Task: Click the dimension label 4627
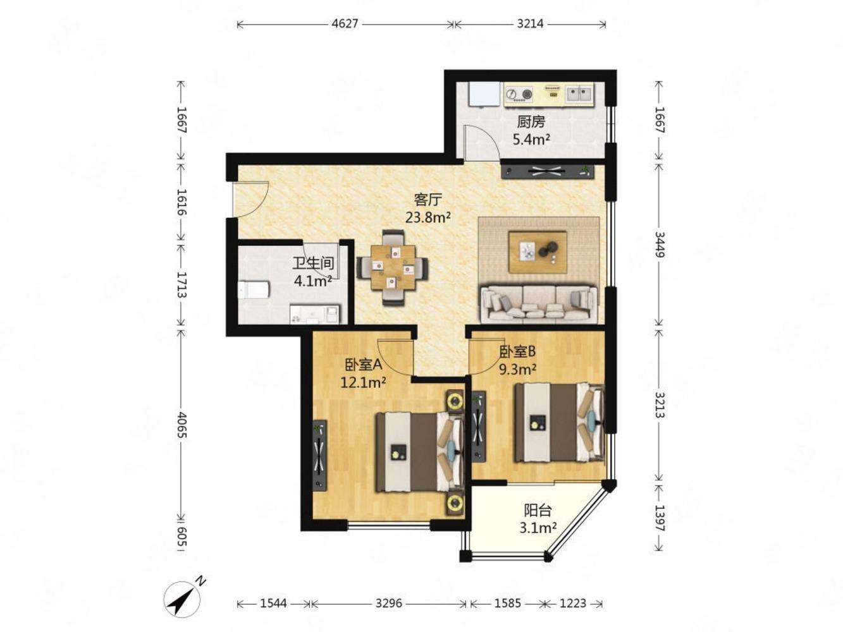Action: (x=345, y=24)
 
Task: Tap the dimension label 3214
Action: (x=530, y=24)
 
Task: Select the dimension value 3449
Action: (x=659, y=244)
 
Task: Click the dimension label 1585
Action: (x=507, y=604)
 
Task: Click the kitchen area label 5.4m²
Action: (x=531, y=139)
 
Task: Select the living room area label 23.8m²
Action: (x=428, y=218)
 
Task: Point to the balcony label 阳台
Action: (x=538, y=511)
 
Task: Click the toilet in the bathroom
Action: (x=253, y=289)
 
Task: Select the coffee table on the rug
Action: (x=538, y=252)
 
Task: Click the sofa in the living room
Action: (x=539, y=303)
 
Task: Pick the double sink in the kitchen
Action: (x=579, y=94)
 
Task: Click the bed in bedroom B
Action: (x=559, y=422)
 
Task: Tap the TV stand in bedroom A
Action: (x=319, y=455)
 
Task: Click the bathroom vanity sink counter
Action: (x=314, y=314)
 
